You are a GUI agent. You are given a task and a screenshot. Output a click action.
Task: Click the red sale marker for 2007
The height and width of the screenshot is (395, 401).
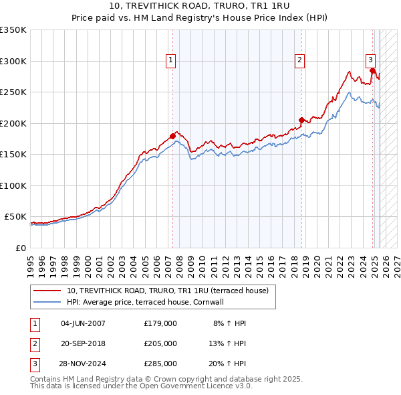(x=172, y=136)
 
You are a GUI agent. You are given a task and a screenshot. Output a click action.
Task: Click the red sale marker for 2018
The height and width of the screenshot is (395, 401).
(x=301, y=121)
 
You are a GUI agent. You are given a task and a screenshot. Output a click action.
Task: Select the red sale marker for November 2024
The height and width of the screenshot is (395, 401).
(x=372, y=70)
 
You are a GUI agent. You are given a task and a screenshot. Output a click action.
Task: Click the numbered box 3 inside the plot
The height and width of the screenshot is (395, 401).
(x=370, y=58)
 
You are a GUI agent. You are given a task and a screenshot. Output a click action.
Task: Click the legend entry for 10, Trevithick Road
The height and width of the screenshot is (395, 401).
(x=167, y=291)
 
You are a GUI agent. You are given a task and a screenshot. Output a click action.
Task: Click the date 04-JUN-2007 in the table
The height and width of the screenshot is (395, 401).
(x=83, y=323)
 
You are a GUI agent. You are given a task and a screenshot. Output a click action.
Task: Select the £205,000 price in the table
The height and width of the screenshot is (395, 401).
(x=160, y=343)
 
